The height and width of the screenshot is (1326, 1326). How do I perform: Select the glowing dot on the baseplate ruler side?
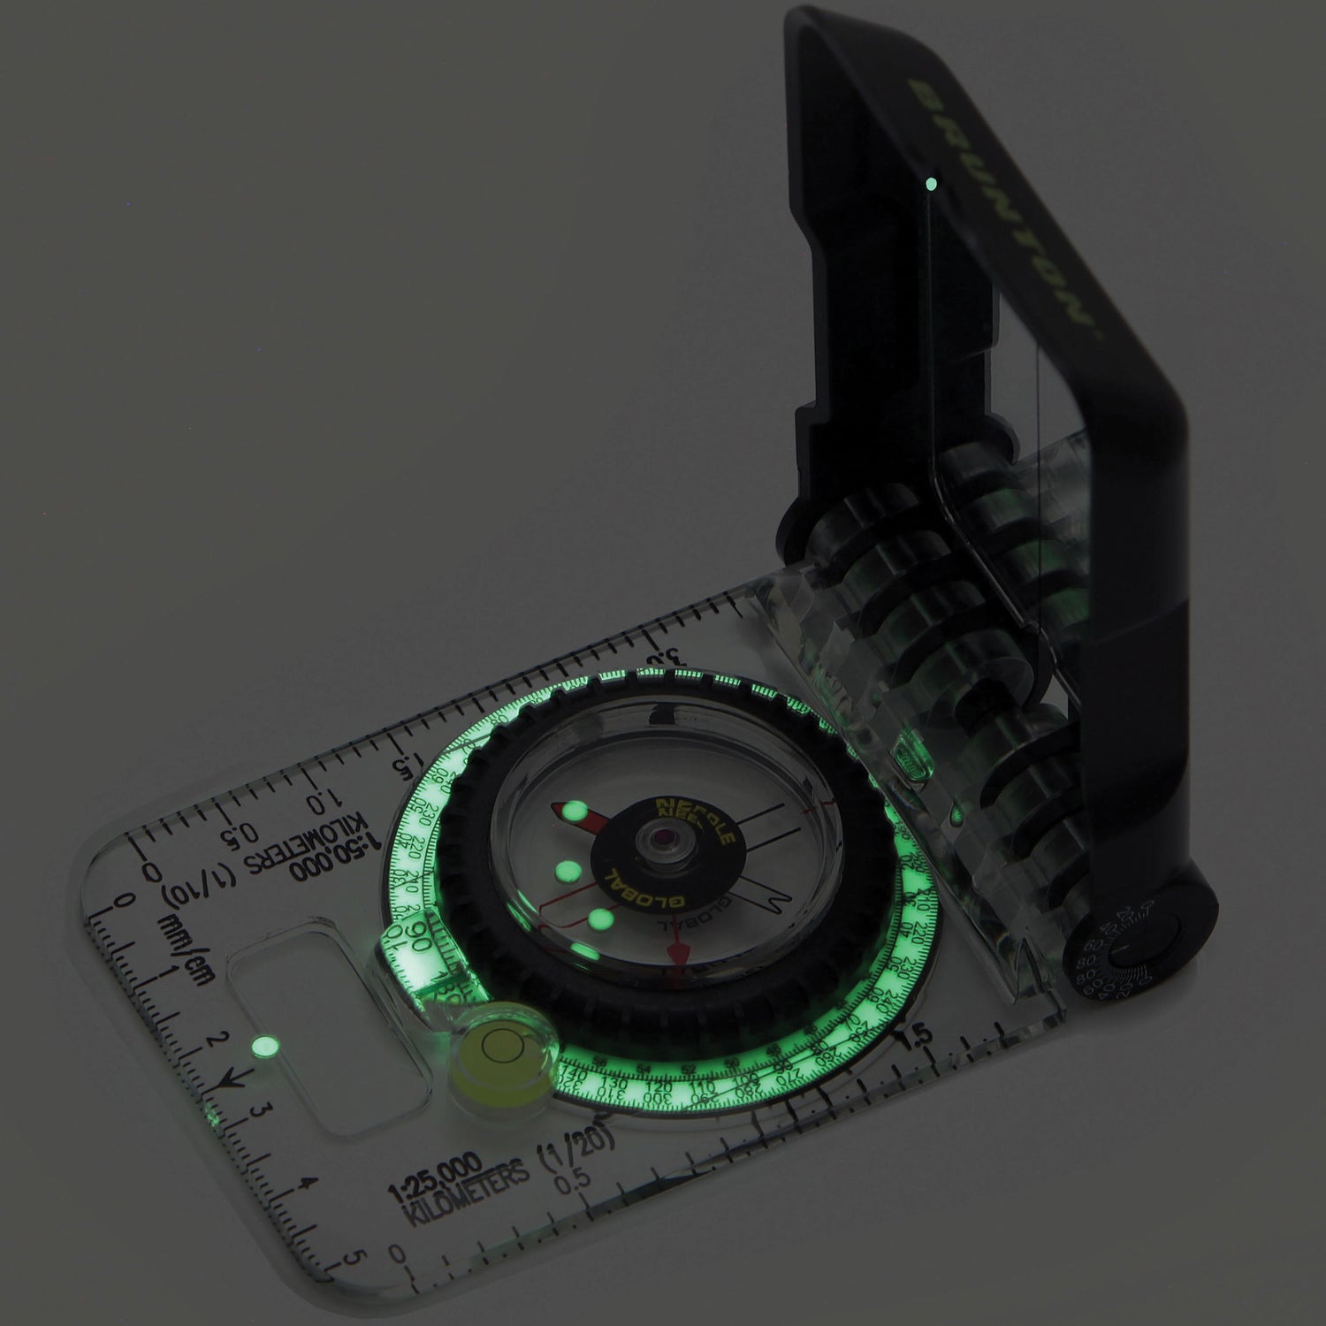pyautogui.click(x=262, y=1047)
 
